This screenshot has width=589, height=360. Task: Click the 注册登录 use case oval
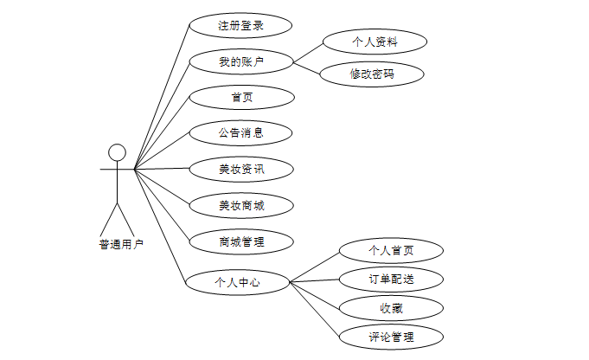240,25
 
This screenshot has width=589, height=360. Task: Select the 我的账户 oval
240,61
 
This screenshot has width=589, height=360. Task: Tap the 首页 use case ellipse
240,97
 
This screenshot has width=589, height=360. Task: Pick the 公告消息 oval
240,133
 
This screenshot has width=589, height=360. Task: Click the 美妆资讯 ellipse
240,169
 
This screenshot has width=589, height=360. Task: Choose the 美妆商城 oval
240,206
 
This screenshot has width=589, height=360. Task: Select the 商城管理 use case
240,241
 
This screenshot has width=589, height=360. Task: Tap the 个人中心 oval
237,281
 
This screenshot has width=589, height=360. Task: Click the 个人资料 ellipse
374,41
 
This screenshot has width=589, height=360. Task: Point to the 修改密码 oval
372,74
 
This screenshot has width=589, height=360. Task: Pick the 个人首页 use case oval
391,251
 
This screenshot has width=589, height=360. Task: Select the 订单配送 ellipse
391,279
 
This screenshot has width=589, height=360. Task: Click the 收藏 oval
391,307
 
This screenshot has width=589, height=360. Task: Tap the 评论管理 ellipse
391,336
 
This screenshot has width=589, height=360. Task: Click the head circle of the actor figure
117,153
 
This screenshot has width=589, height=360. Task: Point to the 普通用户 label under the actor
121,244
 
